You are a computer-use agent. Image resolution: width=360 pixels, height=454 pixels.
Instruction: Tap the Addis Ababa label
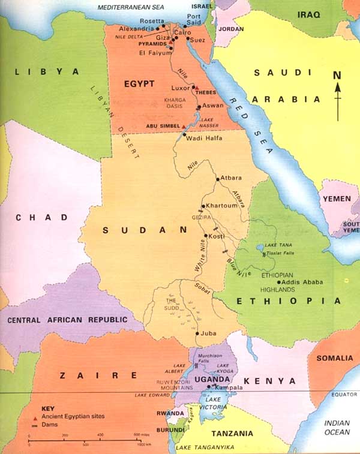click(303, 282)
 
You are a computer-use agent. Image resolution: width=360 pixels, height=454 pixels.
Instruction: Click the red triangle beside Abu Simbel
click(184, 127)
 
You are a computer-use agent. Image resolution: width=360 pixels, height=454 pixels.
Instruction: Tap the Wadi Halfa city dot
click(185, 135)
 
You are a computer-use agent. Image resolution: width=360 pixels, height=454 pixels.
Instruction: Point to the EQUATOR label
click(344, 395)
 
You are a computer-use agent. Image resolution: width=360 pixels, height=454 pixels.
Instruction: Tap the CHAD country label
click(37, 217)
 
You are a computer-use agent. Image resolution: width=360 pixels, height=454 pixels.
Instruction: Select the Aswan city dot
click(199, 108)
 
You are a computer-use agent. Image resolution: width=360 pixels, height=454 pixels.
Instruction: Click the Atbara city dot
click(217, 179)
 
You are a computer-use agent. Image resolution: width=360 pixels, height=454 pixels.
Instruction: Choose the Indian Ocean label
click(337, 427)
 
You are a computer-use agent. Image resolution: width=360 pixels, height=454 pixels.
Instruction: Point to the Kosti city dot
click(206, 236)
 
